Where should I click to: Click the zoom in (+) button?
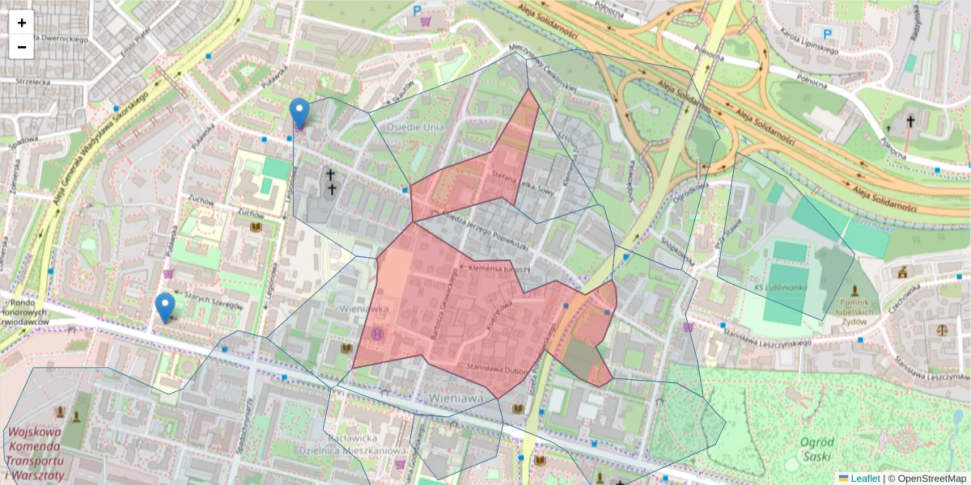tap(21, 23)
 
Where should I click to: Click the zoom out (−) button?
tap(21, 47)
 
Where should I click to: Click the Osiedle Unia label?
tap(415, 127)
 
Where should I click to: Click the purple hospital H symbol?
tap(377, 333)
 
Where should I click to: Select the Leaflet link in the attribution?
tap(864, 478)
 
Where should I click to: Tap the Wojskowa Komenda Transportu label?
tap(35, 453)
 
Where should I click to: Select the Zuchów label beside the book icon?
tap(251, 213)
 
